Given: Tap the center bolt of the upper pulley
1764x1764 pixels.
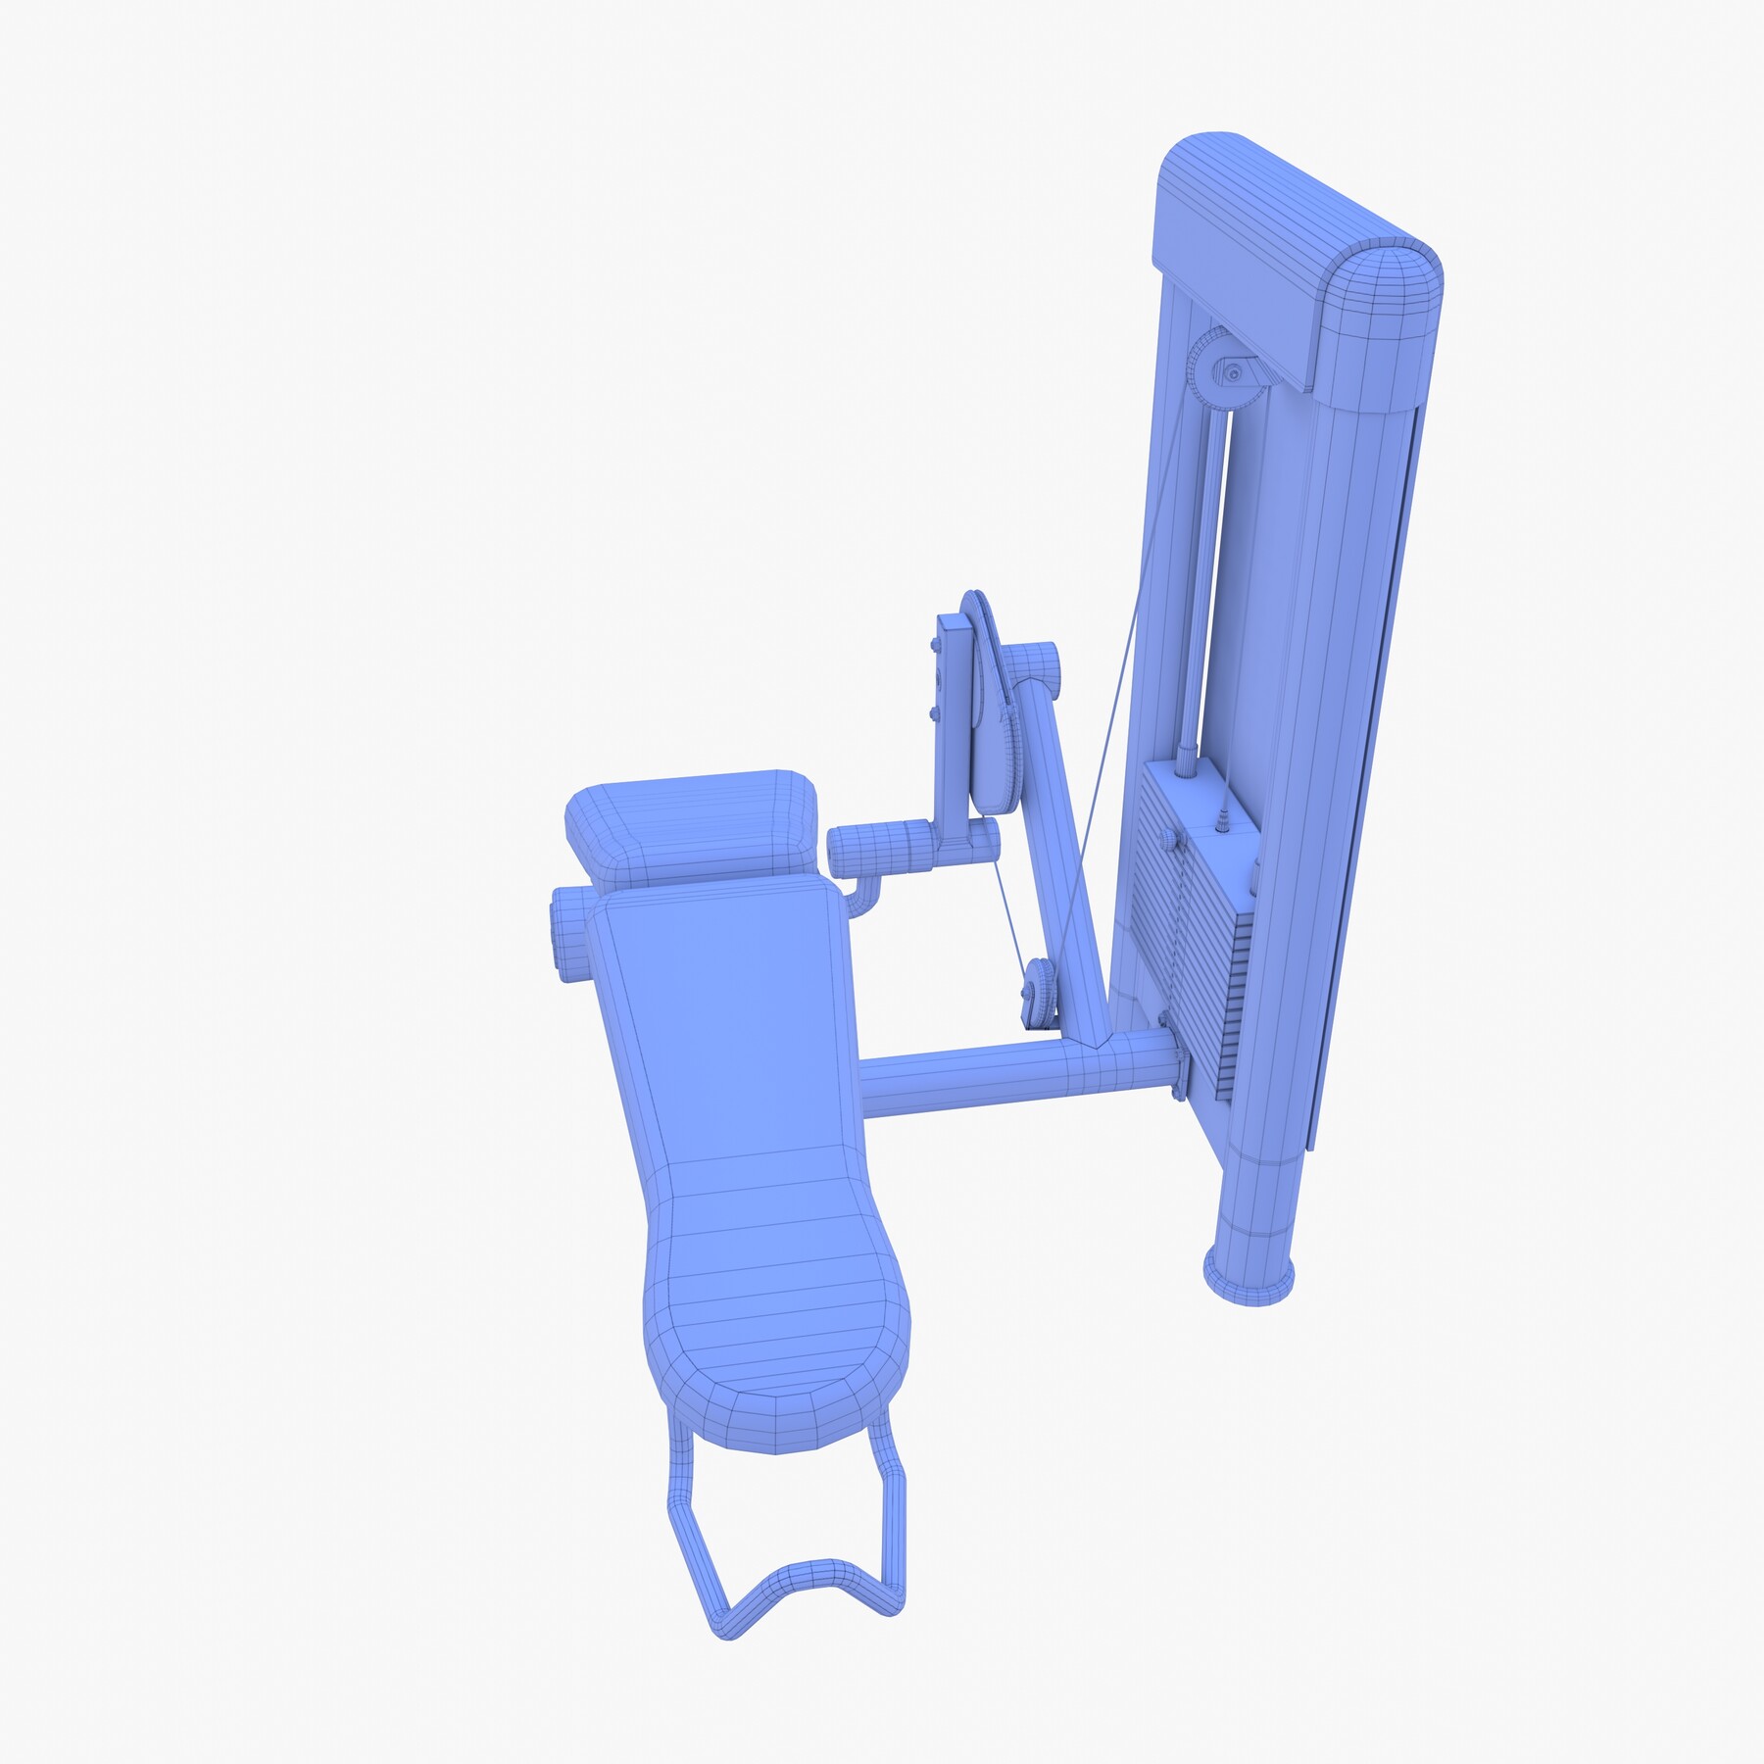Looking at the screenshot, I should pyautogui.click(x=1233, y=372).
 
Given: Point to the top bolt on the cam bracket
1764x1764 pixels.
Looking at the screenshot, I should pyautogui.click(x=932, y=646).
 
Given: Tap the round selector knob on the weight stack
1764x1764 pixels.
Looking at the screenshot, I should pyautogui.click(x=1168, y=841).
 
